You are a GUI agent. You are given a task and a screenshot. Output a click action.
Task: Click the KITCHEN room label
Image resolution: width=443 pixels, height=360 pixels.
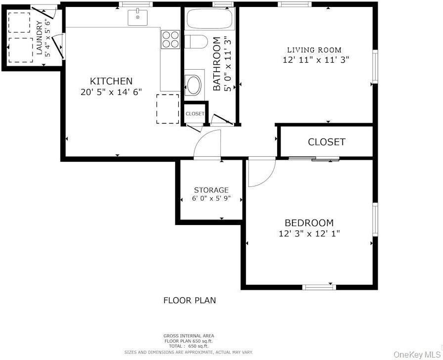tap(111, 81)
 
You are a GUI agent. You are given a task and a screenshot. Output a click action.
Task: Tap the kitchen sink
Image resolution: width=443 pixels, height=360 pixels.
tap(138, 18)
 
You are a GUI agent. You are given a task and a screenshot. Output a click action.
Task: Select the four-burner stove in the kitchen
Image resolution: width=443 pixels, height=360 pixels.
tap(170, 39)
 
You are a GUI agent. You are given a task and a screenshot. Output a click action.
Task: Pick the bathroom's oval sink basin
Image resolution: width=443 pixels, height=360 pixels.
tap(193, 85)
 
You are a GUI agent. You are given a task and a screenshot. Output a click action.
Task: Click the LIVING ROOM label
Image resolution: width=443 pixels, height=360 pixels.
tap(314, 49)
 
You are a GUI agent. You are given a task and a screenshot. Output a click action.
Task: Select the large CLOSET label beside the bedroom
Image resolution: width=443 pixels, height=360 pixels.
tap(326, 142)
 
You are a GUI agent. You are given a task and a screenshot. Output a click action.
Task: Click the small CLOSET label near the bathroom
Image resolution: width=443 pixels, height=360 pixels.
tap(195, 114)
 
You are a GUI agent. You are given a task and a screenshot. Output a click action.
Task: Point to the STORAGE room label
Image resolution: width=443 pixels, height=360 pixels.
tap(211, 190)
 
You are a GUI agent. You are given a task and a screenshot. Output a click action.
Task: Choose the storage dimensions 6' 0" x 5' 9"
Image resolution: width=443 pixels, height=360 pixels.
tap(211, 199)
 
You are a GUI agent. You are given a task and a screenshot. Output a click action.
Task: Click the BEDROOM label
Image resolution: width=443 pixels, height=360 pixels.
tap(309, 223)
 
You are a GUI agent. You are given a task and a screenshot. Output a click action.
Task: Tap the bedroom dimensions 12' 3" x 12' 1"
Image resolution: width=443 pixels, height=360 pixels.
tap(309, 233)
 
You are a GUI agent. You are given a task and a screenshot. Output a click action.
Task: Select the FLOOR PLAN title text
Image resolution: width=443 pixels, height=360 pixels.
tap(190, 300)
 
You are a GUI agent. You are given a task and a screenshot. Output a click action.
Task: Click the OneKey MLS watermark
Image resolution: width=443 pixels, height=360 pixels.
tap(416, 354)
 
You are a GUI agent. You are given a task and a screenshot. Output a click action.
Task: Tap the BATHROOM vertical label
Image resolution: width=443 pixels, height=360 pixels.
tap(216, 64)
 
